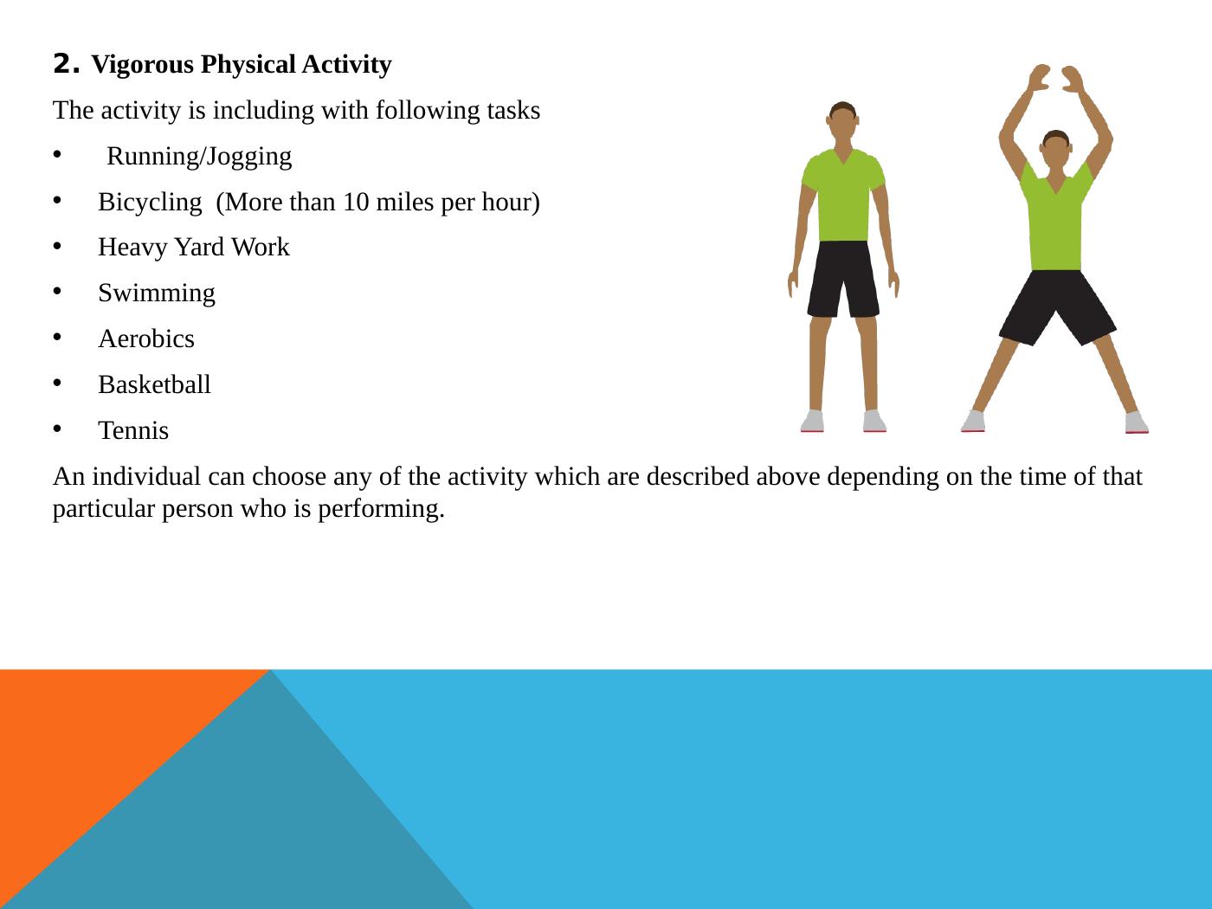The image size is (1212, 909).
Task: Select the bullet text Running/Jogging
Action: click(199, 157)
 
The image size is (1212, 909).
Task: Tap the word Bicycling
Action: click(149, 203)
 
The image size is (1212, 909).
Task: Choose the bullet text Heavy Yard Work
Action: click(194, 248)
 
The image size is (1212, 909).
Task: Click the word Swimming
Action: click(157, 293)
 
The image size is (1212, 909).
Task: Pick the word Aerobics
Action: click(146, 339)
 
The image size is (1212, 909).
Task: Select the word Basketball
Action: click(154, 385)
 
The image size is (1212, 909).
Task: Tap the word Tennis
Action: click(133, 431)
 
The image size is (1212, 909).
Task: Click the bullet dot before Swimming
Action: click(58, 292)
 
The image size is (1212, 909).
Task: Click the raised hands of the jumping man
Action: click(1055, 81)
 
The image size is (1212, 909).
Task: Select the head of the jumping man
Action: click(1055, 151)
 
